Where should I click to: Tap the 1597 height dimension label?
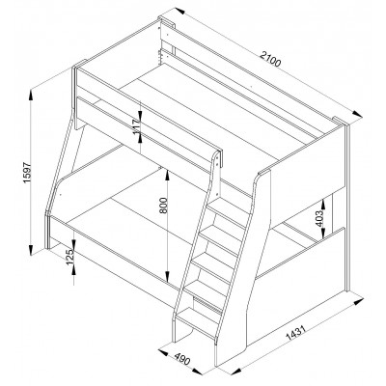(27, 173)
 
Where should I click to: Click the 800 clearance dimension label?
(163, 206)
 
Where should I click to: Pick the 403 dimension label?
(319, 219)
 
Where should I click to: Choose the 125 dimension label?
(69, 256)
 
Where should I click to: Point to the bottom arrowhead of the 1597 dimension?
(31, 248)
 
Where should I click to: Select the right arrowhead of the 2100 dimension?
(356, 113)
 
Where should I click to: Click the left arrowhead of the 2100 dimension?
(179, 11)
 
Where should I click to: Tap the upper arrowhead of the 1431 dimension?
(357, 303)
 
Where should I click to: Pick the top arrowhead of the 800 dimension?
(167, 176)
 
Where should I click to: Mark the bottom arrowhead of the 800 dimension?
(167, 276)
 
